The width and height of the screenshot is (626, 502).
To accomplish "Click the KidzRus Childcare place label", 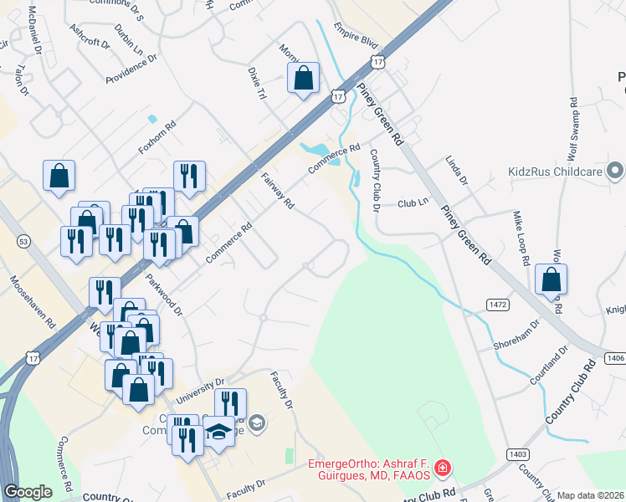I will (556, 172).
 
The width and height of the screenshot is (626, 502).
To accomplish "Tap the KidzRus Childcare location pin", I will (617, 172).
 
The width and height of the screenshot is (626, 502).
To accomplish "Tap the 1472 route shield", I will (499, 305).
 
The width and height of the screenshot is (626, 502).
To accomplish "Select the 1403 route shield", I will (517, 453).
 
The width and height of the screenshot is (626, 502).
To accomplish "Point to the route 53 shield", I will (23, 242).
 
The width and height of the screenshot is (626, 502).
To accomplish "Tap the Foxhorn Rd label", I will (158, 138).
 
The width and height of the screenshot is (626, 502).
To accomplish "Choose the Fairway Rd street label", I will (278, 192).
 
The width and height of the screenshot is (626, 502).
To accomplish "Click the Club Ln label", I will (413, 203).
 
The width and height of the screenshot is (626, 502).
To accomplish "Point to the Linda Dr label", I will (457, 171).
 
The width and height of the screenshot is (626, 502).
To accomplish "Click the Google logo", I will (28, 492).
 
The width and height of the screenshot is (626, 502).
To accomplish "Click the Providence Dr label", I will (132, 69).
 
